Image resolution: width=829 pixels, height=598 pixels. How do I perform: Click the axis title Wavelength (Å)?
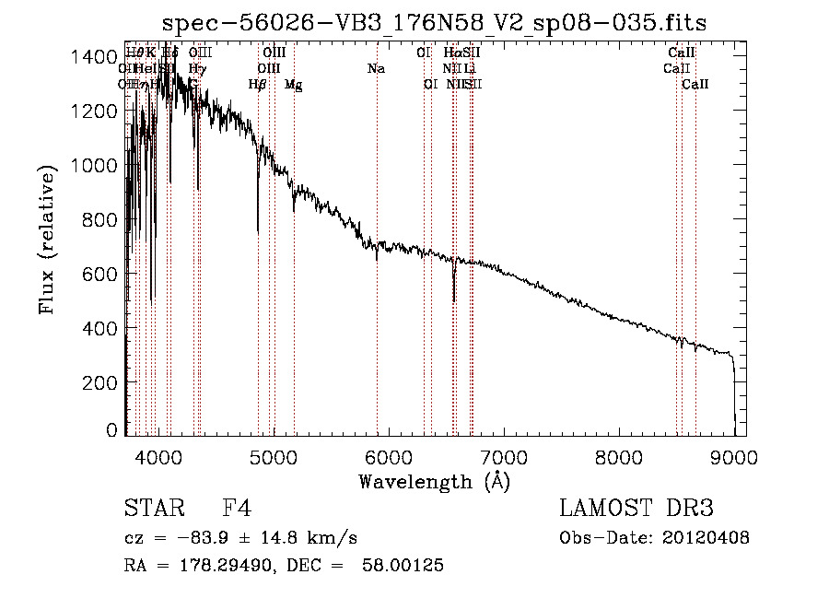pyautogui.click(x=434, y=481)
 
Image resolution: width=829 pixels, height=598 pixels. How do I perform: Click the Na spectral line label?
pyautogui.click(x=376, y=68)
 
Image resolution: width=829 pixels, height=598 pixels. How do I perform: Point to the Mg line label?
pyautogui.click(x=293, y=85)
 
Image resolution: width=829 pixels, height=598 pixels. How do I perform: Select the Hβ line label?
pyautogui.click(x=257, y=85)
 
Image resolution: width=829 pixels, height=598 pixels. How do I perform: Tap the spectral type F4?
pyautogui.click(x=237, y=509)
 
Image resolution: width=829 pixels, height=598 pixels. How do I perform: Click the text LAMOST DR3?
pyautogui.click(x=636, y=509)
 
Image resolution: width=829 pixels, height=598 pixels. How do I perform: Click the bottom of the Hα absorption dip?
pyautogui.click(x=453, y=299)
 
